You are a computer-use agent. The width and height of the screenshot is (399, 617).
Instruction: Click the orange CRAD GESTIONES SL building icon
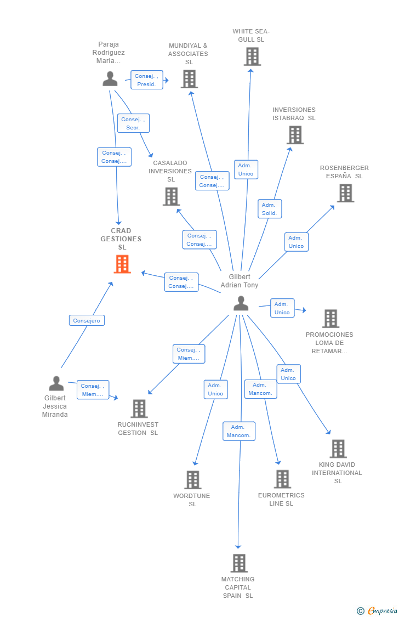point(122,264)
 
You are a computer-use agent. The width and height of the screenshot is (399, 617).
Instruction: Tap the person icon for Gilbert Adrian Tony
point(241,303)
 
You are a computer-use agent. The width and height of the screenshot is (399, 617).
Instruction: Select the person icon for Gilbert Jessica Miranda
point(56,383)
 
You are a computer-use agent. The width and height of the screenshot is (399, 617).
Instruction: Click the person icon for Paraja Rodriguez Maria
point(110,79)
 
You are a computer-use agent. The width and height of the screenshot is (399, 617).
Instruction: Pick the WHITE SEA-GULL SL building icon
point(252,56)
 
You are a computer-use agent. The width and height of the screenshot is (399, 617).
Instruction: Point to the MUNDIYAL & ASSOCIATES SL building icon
point(189,79)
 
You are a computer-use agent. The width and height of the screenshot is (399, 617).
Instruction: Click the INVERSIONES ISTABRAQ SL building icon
point(295,135)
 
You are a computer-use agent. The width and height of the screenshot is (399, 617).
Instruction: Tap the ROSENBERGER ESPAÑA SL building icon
point(345,193)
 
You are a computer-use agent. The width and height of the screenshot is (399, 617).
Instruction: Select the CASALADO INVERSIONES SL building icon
point(171,196)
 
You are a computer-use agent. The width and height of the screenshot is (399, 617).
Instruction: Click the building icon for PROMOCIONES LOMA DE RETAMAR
point(330,319)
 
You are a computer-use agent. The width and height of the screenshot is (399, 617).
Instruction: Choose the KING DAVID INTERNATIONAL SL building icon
point(338,449)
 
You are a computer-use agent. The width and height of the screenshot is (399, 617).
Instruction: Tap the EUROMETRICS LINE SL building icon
point(282,479)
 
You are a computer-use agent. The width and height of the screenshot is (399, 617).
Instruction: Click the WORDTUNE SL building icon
point(192,480)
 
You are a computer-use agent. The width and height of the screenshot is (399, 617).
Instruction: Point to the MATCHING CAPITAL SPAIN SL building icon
point(238,563)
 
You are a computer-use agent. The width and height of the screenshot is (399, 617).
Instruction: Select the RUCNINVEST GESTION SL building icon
point(139,409)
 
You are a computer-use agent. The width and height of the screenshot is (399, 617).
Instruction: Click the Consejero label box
point(87,320)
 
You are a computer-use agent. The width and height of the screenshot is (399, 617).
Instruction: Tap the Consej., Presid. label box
point(147,80)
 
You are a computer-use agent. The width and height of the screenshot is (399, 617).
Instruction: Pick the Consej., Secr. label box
point(133,123)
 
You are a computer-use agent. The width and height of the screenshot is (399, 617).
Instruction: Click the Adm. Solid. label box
point(270,209)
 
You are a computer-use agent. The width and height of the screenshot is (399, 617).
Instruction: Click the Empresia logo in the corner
point(378,610)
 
